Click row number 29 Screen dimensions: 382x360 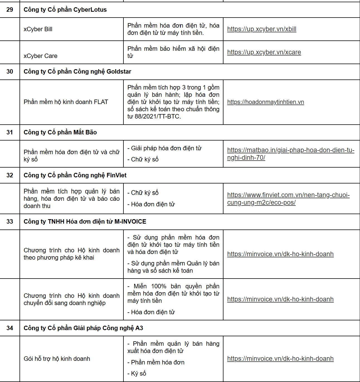10,10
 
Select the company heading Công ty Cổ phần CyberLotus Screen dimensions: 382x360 65,10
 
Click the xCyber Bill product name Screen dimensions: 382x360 38,29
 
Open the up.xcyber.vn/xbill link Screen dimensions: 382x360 262,29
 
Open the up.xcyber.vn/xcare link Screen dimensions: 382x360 264,52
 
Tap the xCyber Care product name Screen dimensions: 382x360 40,56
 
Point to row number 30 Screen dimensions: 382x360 10,72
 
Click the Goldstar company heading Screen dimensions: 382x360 77,72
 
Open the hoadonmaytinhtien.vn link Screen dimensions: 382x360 266,102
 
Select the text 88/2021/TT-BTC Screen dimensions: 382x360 158,117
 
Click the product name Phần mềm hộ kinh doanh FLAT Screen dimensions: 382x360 66,102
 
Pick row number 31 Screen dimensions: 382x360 10,132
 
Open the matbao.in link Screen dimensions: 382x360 291,150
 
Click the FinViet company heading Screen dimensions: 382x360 75,175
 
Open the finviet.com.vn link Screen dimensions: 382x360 288,195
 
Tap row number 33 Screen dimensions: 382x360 10,222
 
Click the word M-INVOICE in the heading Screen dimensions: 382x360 130,222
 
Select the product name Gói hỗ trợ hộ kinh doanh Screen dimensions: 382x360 57,359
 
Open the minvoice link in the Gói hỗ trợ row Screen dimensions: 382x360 280,359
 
